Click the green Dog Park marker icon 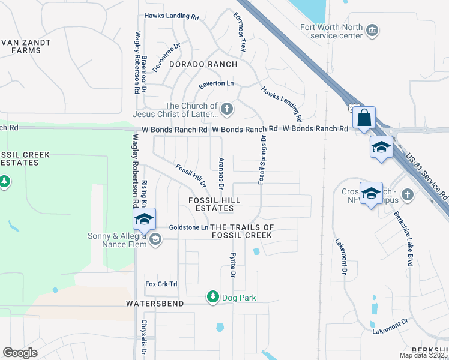tap(212, 297)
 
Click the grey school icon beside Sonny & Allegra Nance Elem tap(155, 240)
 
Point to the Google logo tap(20, 353)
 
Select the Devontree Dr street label tap(167, 58)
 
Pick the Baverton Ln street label tap(216, 84)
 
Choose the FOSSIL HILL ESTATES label tap(214, 204)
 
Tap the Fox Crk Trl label tap(162, 284)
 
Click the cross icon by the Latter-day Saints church tap(226, 109)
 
